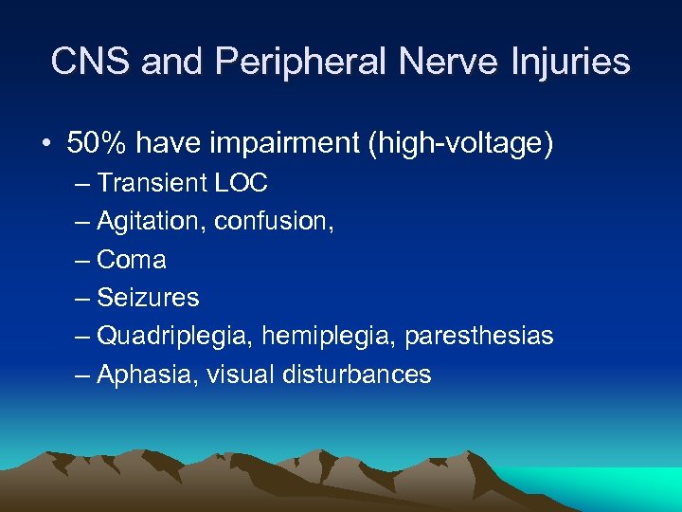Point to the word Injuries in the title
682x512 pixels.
(x=566, y=62)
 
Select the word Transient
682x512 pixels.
(x=152, y=182)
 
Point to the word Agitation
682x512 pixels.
(x=152, y=221)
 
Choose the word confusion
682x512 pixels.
(x=271, y=221)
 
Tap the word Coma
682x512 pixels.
(x=132, y=259)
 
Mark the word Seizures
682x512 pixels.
(x=148, y=298)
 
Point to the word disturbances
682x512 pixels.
(x=357, y=375)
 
